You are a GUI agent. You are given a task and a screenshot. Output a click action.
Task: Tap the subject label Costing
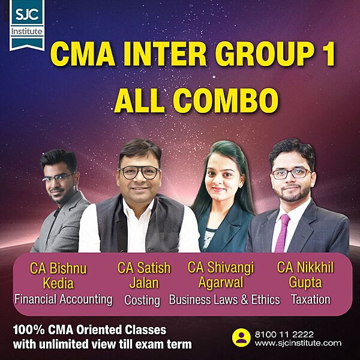[142, 299]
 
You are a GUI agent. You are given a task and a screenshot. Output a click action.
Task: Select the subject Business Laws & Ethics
[224, 299]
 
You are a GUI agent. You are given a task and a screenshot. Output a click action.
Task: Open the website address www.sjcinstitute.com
[297, 343]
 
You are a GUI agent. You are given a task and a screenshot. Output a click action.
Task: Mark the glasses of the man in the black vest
[139, 173]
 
